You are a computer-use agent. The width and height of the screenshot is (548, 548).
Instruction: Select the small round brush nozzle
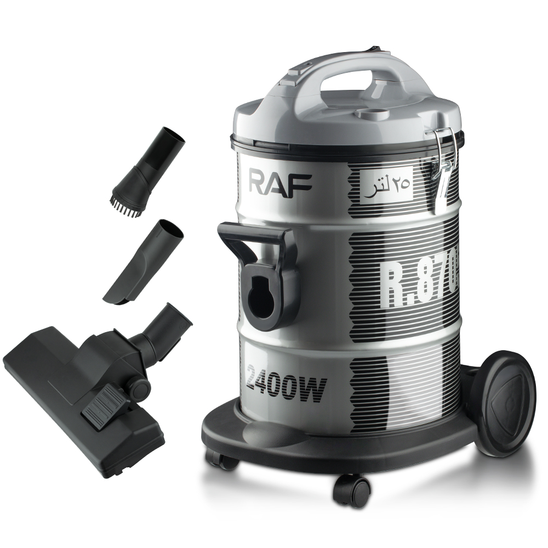[x=145, y=170]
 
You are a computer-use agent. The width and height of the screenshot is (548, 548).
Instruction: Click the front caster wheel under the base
[x=351, y=489]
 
